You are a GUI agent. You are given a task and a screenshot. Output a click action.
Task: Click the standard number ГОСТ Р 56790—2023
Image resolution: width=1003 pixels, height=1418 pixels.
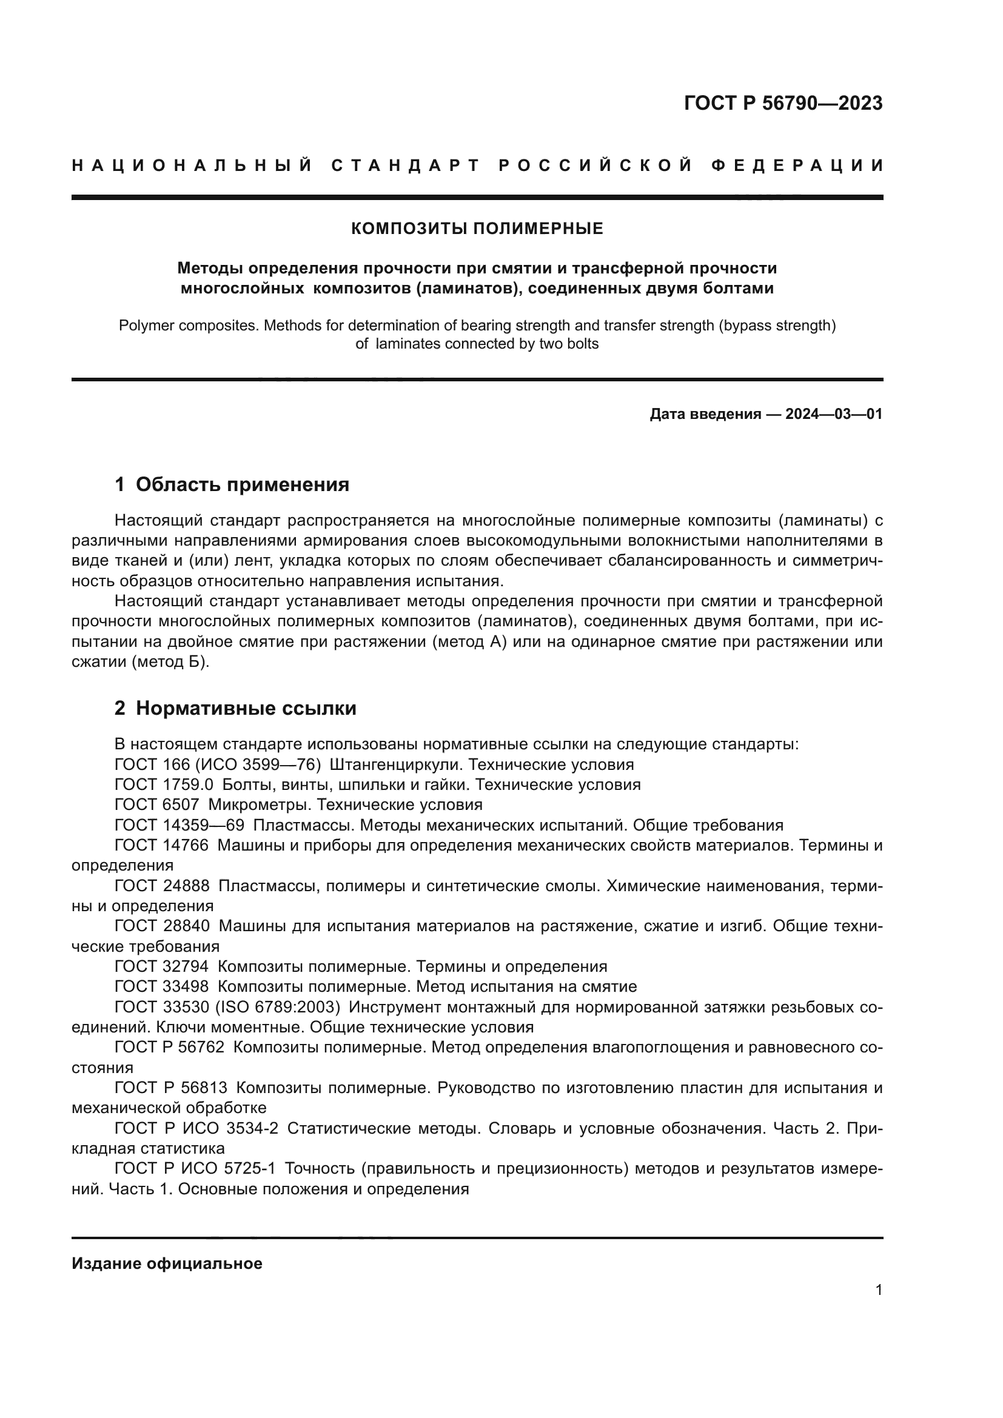point(783,103)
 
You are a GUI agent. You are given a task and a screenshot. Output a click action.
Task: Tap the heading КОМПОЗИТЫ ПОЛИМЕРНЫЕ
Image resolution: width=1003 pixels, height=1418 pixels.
point(477,229)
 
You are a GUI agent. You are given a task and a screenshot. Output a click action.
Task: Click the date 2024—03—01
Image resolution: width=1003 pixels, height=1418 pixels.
point(834,414)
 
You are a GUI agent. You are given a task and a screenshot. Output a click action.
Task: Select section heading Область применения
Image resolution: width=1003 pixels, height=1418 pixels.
point(242,485)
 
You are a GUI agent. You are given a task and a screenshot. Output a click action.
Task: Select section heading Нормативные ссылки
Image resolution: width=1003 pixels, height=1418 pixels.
point(246,708)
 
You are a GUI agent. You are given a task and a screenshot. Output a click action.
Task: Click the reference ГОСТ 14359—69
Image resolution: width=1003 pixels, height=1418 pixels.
point(179,825)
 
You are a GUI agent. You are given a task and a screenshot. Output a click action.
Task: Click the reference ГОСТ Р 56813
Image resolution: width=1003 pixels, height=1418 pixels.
point(170,1088)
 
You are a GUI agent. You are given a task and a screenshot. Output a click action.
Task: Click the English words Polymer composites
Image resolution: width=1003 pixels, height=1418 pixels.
point(188,326)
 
